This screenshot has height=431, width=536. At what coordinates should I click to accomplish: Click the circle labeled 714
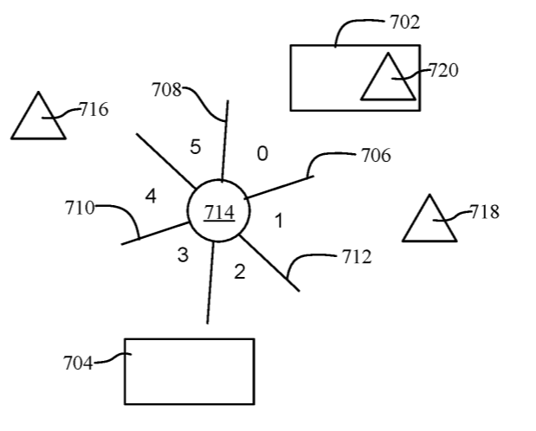click(213, 212)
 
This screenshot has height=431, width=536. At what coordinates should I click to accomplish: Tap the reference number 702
click(403, 23)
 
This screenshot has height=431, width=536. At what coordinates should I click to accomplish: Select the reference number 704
click(78, 363)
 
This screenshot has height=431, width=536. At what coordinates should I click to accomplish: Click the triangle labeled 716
click(38, 119)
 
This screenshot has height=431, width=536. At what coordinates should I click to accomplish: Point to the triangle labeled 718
click(429, 222)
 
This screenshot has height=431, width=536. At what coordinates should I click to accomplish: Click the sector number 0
click(262, 154)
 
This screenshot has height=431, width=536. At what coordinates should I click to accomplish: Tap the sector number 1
click(279, 221)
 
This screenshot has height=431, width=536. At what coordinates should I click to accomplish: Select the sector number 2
click(240, 272)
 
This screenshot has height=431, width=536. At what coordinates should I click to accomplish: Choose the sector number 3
click(183, 255)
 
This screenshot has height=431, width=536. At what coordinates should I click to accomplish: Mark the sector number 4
click(151, 196)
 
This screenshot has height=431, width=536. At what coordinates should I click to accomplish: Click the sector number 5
click(195, 147)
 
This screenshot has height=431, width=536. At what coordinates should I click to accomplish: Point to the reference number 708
click(166, 89)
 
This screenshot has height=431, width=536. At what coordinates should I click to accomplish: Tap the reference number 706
click(376, 156)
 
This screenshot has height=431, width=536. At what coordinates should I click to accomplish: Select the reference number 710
click(80, 208)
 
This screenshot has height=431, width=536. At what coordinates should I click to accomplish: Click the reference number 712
click(356, 257)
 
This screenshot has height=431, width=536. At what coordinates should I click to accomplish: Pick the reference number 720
click(443, 71)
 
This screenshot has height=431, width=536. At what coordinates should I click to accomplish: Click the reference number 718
click(484, 212)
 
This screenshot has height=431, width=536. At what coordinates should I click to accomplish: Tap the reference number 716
click(94, 110)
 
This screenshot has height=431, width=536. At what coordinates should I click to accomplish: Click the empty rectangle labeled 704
click(189, 371)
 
